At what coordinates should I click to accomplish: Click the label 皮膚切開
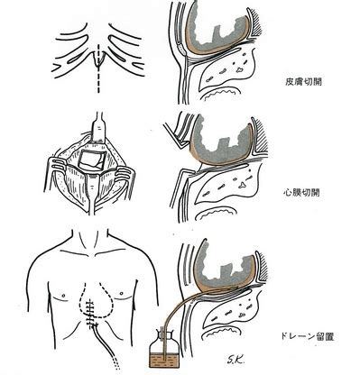[303, 81]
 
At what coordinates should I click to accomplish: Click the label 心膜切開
[301, 193]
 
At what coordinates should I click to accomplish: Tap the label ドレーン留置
[307, 336]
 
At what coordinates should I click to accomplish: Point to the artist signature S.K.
[235, 358]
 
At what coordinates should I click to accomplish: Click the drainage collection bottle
[163, 348]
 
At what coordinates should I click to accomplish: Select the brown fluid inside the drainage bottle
[163, 359]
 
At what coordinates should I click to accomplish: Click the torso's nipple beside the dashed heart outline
[122, 293]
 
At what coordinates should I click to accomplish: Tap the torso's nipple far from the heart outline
[63, 295]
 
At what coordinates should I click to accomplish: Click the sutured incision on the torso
[91, 313]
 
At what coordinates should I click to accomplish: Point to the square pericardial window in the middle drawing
[91, 160]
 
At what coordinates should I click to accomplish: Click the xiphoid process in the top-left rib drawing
[98, 60]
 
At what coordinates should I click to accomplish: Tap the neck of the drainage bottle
[163, 333]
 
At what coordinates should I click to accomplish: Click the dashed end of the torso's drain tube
[116, 362]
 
